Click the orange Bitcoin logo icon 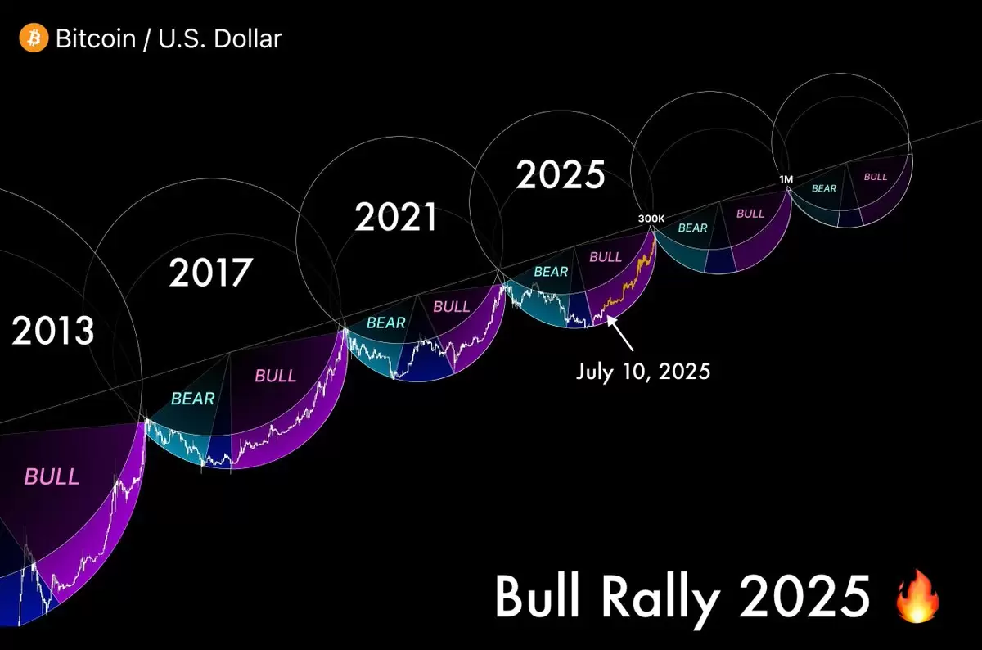pos(34,38)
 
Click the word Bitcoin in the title pos(96,38)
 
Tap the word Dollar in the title pos(248,38)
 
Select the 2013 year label pos(52,330)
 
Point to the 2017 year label pos(210,273)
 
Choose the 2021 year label pos(396,217)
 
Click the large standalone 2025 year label pos(561,174)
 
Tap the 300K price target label pos(651,219)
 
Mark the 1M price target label pos(786,179)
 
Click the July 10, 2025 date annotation pos(643,372)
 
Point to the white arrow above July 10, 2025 pos(620,333)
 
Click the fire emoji pos(917,596)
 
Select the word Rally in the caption pos(660,598)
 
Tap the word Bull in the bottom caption pos(538,596)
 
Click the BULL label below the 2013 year pos(52,476)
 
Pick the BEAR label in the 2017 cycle pos(193,399)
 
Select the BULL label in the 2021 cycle pos(452,306)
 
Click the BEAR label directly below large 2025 pos(551,272)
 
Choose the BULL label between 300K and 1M pos(750,214)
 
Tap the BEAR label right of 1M pos(824,188)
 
